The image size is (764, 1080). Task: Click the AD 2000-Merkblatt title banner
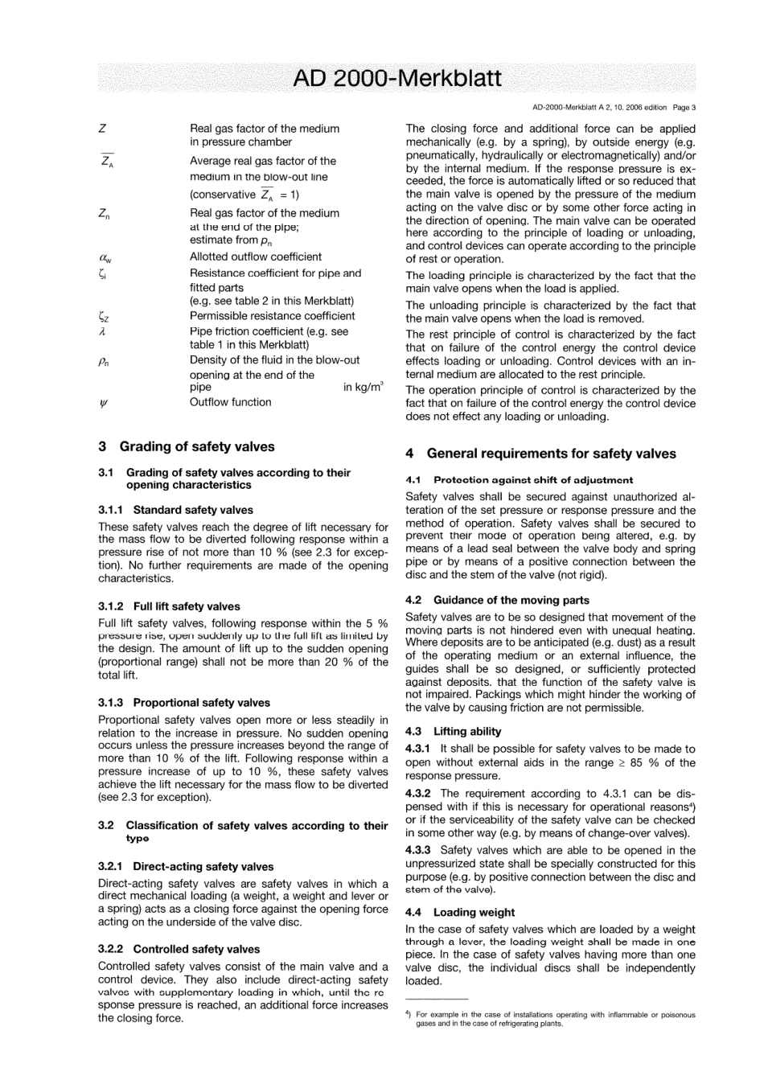(396, 79)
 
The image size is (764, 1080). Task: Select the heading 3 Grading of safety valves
(186, 446)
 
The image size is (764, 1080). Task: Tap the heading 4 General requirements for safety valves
(540, 454)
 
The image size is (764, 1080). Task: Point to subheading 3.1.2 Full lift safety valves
(169, 606)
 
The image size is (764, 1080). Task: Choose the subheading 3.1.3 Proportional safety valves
(184, 703)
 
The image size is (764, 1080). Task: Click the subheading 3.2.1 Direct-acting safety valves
(186, 867)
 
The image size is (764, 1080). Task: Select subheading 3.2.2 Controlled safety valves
(179, 949)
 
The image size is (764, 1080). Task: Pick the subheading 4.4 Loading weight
(460, 913)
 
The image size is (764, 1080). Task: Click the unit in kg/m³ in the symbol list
(363, 388)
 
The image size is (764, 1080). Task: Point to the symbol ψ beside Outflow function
(102, 402)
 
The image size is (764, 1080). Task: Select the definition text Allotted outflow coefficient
(256, 257)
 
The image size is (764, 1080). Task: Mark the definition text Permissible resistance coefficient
(272, 316)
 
